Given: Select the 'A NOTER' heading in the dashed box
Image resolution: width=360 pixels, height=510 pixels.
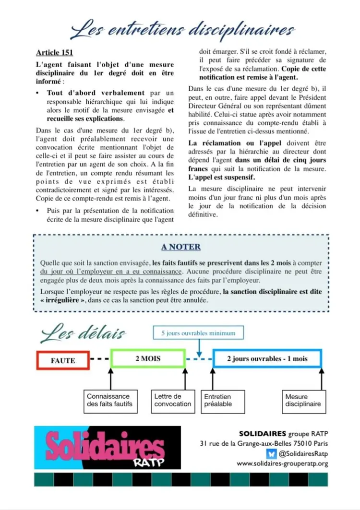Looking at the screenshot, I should pos(180,247).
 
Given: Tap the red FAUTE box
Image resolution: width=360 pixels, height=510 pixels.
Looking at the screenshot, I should pos(63,360).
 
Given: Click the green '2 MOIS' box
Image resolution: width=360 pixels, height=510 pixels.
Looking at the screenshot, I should pos(147,358).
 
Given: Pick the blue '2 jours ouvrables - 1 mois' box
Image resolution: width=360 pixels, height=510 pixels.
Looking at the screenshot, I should pos(267,358).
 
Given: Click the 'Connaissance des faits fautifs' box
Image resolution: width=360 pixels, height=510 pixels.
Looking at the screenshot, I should pos(108,400).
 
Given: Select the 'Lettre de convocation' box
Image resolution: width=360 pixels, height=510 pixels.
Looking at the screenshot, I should pos(172,400).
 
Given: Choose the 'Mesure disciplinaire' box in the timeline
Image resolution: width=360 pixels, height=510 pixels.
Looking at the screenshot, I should pos(303,400).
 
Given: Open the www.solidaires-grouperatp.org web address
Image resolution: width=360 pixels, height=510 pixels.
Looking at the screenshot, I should pos(282,464).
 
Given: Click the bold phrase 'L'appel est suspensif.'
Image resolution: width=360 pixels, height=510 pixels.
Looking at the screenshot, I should pos(215,177).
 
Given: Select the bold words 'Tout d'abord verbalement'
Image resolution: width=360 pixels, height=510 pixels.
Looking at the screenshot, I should pos(96,93).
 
